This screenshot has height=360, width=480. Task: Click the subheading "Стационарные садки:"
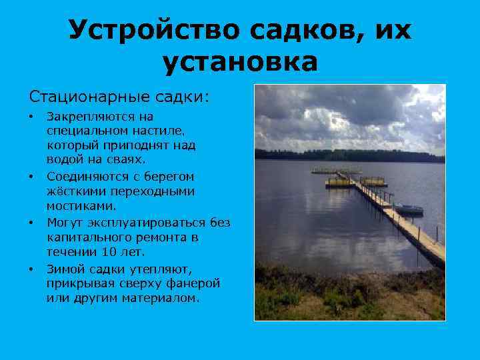[118, 97]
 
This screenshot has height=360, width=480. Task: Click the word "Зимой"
[65, 269]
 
